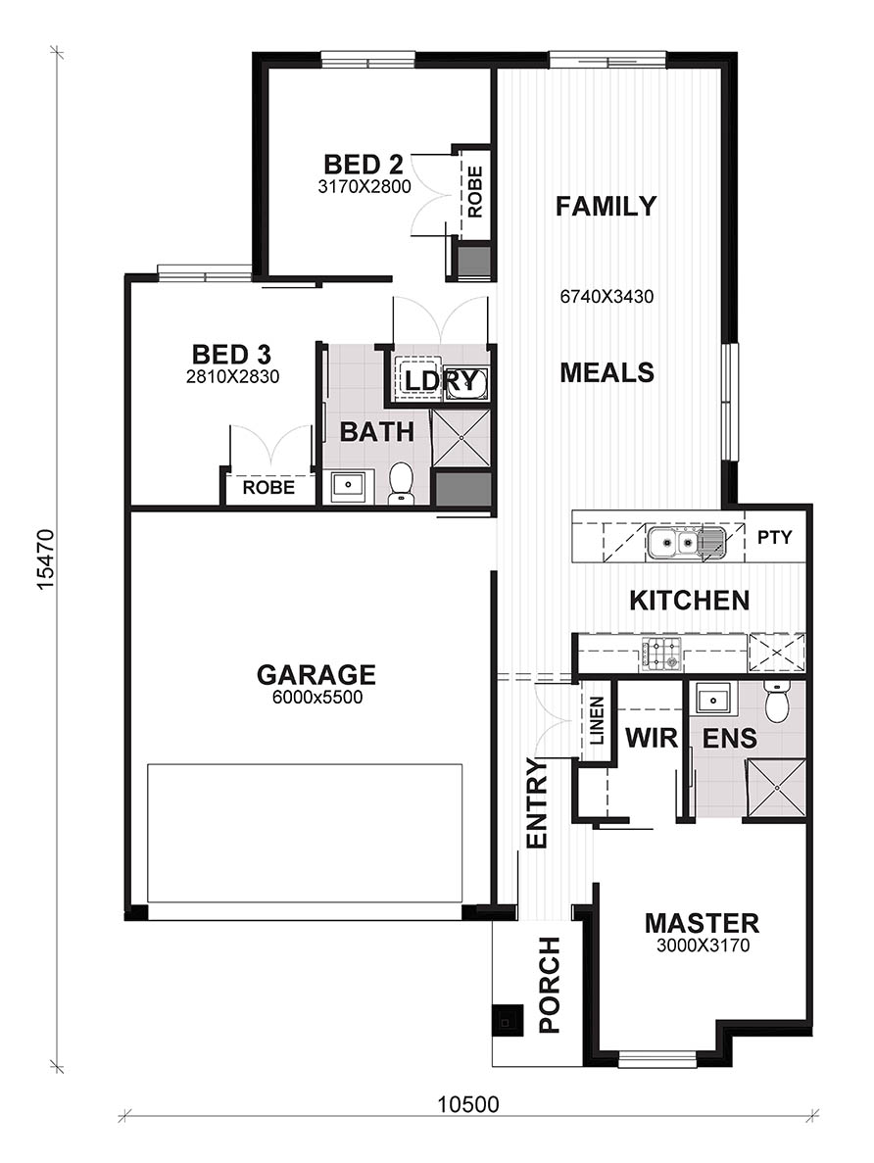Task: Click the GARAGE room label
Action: pyautogui.click(x=316, y=674)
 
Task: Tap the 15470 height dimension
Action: pyautogui.click(x=46, y=559)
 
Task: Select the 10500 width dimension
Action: pyautogui.click(x=468, y=1104)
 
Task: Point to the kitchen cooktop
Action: pyautogui.click(x=661, y=654)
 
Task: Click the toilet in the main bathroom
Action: pyautogui.click(x=402, y=484)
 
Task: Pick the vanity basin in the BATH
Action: pyautogui.click(x=348, y=487)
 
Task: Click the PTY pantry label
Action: pyautogui.click(x=775, y=537)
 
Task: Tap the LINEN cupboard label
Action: pyautogui.click(x=598, y=721)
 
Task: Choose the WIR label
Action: pyautogui.click(x=652, y=738)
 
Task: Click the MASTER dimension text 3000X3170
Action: pyautogui.click(x=703, y=945)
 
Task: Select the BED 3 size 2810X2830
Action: pyautogui.click(x=232, y=377)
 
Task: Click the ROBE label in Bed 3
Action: pyautogui.click(x=268, y=487)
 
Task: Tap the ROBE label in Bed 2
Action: pyautogui.click(x=475, y=191)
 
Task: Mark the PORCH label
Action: pyautogui.click(x=549, y=985)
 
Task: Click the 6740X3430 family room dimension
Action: pyautogui.click(x=607, y=297)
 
